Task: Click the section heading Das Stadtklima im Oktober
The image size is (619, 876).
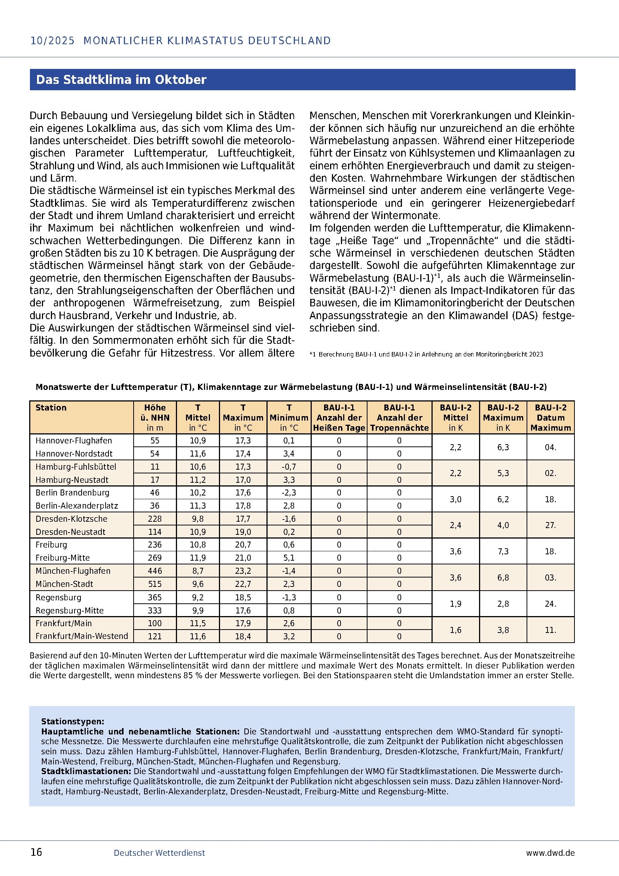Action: [121, 80]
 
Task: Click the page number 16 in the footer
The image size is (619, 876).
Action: [36, 852]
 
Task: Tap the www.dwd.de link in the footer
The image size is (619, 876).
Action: [550, 853]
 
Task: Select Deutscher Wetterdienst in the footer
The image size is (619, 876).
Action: [159, 853]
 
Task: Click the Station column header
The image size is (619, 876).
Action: [51, 407]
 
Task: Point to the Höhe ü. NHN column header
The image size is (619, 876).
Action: [155, 417]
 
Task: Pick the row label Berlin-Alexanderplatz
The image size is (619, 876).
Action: [77, 506]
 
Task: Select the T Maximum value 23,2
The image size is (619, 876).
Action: [243, 571]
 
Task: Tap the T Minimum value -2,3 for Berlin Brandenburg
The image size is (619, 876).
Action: [289, 492]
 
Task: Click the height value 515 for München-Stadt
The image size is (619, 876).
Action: [155, 584]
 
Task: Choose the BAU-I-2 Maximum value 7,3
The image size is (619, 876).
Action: [503, 551]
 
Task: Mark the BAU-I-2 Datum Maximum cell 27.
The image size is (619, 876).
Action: [550, 525]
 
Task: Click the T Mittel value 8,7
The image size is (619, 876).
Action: [198, 571]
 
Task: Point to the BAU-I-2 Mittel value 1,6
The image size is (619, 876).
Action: [455, 630]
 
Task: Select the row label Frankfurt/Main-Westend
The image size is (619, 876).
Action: [82, 636]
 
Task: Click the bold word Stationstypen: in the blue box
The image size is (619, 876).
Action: [73, 721]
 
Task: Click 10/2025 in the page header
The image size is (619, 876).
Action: [53, 41]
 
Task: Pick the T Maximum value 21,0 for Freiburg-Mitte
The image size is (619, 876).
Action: [243, 558]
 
